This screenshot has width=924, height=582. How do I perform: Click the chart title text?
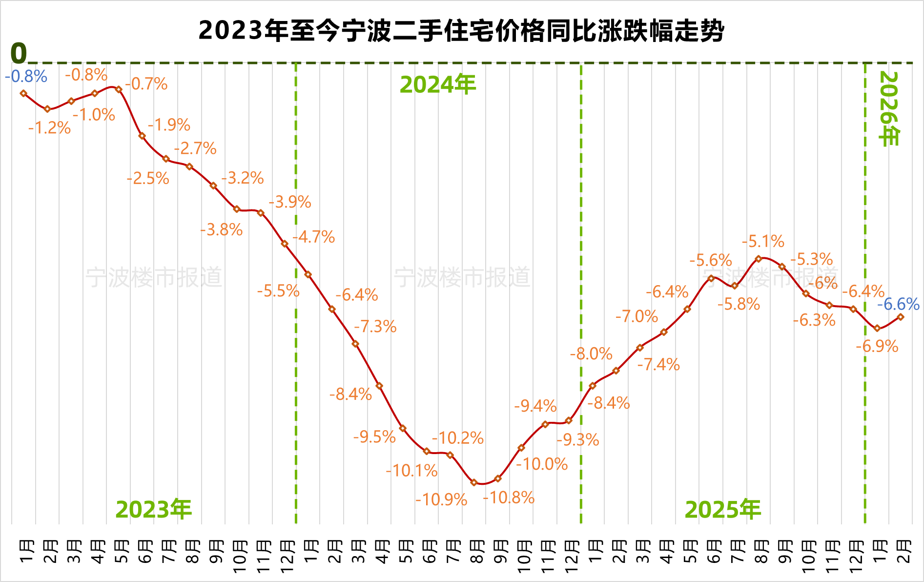click(x=461, y=31)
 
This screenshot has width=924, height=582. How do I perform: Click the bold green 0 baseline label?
click(x=19, y=53)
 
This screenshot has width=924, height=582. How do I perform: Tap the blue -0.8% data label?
click(x=26, y=77)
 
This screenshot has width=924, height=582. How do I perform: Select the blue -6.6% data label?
click(x=898, y=304)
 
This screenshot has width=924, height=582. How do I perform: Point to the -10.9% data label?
click(x=441, y=499)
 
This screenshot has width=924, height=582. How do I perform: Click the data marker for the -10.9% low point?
click(x=473, y=482)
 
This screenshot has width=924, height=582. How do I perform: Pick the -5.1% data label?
click(x=763, y=241)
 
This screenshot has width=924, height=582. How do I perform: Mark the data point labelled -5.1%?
click(x=759, y=259)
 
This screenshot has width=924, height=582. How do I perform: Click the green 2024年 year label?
click(x=438, y=85)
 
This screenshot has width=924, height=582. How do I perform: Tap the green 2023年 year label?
click(x=154, y=509)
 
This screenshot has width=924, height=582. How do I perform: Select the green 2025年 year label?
click(x=723, y=509)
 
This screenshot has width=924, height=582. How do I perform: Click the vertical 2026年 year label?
click(x=888, y=109)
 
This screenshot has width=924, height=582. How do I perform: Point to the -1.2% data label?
click(x=49, y=128)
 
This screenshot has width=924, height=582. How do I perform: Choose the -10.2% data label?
click(x=457, y=438)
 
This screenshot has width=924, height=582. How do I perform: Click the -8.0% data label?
click(x=591, y=353)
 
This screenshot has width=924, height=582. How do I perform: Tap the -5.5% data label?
click(x=278, y=291)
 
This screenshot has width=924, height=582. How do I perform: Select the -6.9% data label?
click(x=877, y=346)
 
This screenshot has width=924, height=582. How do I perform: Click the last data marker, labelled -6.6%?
click(x=901, y=317)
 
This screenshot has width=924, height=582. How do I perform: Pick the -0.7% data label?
click(x=146, y=84)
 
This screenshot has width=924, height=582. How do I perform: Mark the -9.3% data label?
click(x=578, y=440)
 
